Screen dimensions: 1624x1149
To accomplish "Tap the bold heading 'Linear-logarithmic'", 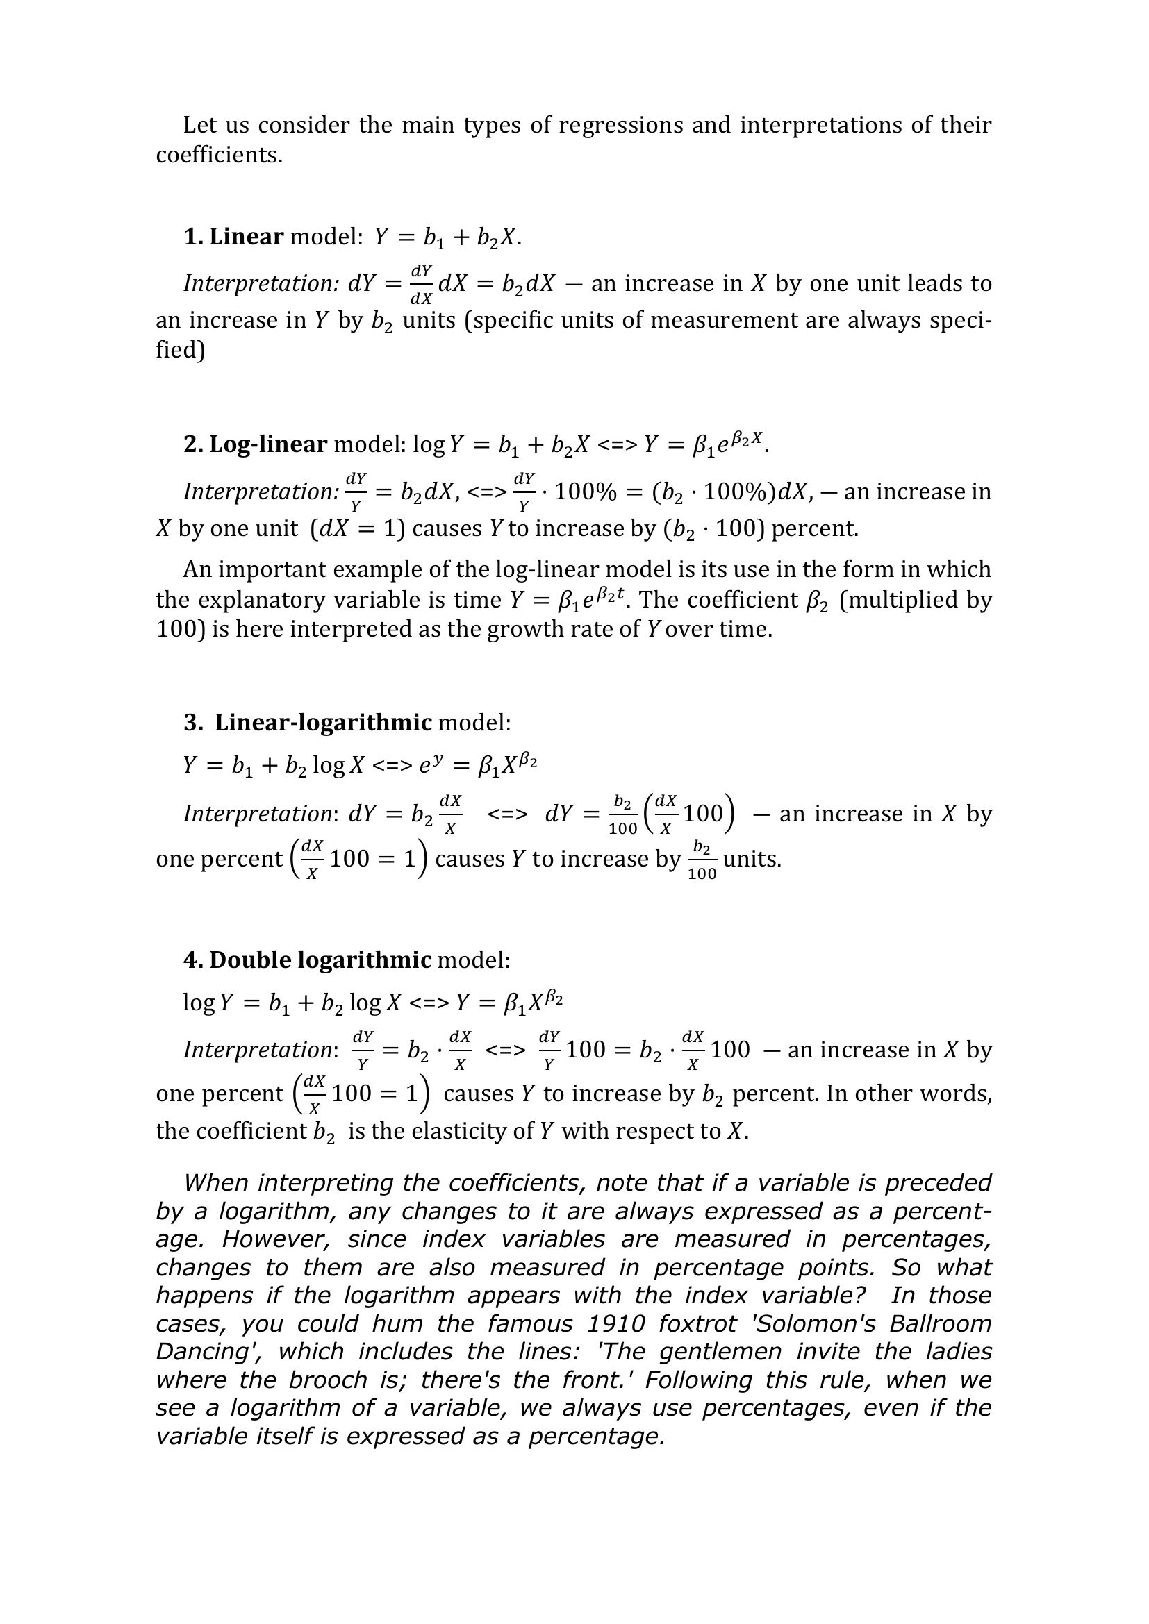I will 323,722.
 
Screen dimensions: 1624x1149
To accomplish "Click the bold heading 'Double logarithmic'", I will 320,960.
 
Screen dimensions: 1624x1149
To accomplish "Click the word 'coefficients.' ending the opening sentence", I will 220,155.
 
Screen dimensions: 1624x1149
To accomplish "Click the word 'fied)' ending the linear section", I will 181,350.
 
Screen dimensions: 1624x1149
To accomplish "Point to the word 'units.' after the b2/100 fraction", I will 752,859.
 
